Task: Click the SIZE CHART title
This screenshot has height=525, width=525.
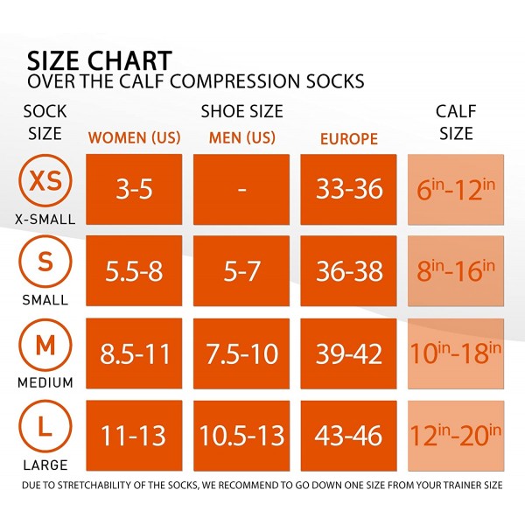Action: click(x=99, y=61)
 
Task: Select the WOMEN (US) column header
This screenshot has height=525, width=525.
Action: click(x=134, y=138)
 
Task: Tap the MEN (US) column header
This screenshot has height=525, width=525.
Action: click(x=241, y=138)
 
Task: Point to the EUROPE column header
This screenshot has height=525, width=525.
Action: click(x=348, y=138)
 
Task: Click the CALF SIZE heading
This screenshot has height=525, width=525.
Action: click(x=455, y=122)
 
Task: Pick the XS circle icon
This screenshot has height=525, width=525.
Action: click(x=45, y=181)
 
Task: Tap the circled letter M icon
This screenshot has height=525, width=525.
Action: click(x=45, y=345)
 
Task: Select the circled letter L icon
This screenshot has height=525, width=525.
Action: click(x=45, y=427)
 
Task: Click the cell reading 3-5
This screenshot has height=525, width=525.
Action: click(x=134, y=189)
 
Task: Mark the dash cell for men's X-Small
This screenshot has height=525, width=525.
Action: click(x=241, y=189)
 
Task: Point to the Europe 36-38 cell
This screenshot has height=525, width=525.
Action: click(x=348, y=271)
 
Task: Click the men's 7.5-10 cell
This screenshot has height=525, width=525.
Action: click(x=241, y=353)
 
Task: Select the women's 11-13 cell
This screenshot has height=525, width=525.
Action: click(x=134, y=435)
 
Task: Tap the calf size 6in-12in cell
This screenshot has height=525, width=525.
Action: click(x=455, y=189)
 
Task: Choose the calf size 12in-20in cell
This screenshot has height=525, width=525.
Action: click(x=455, y=435)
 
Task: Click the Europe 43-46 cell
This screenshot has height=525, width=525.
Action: click(x=348, y=435)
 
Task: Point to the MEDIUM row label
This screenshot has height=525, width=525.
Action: click(x=45, y=382)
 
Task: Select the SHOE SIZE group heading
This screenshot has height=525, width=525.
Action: click(x=241, y=112)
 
